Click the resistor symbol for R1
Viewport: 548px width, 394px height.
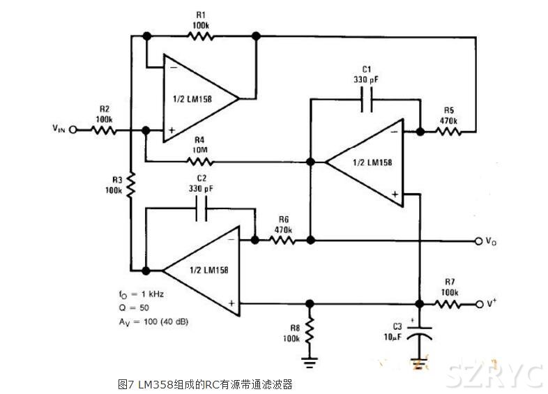click(x=201, y=36)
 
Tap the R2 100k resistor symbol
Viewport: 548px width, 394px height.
click(x=104, y=130)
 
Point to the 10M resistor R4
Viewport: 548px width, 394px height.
click(x=199, y=162)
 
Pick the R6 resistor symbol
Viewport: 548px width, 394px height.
click(x=282, y=240)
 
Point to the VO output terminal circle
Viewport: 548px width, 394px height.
click(x=479, y=241)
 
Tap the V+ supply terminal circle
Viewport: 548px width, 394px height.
click(x=479, y=304)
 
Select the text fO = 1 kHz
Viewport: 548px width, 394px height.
click(x=143, y=295)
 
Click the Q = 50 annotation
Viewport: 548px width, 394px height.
click(x=133, y=308)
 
